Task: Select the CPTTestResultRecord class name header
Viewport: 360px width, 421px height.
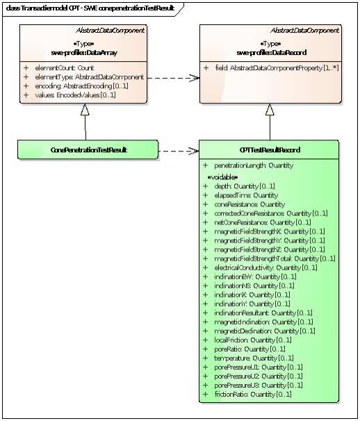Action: click(269, 149)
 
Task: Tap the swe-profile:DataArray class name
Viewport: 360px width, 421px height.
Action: click(84, 52)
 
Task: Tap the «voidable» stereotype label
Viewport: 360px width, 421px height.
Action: click(223, 177)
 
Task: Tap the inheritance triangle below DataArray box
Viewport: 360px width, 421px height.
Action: click(85, 110)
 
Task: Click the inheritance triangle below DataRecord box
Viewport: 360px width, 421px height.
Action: click(270, 110)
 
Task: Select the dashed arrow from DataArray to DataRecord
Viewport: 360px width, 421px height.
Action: click(174, 78)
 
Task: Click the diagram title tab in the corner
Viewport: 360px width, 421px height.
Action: click(90, 8)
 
